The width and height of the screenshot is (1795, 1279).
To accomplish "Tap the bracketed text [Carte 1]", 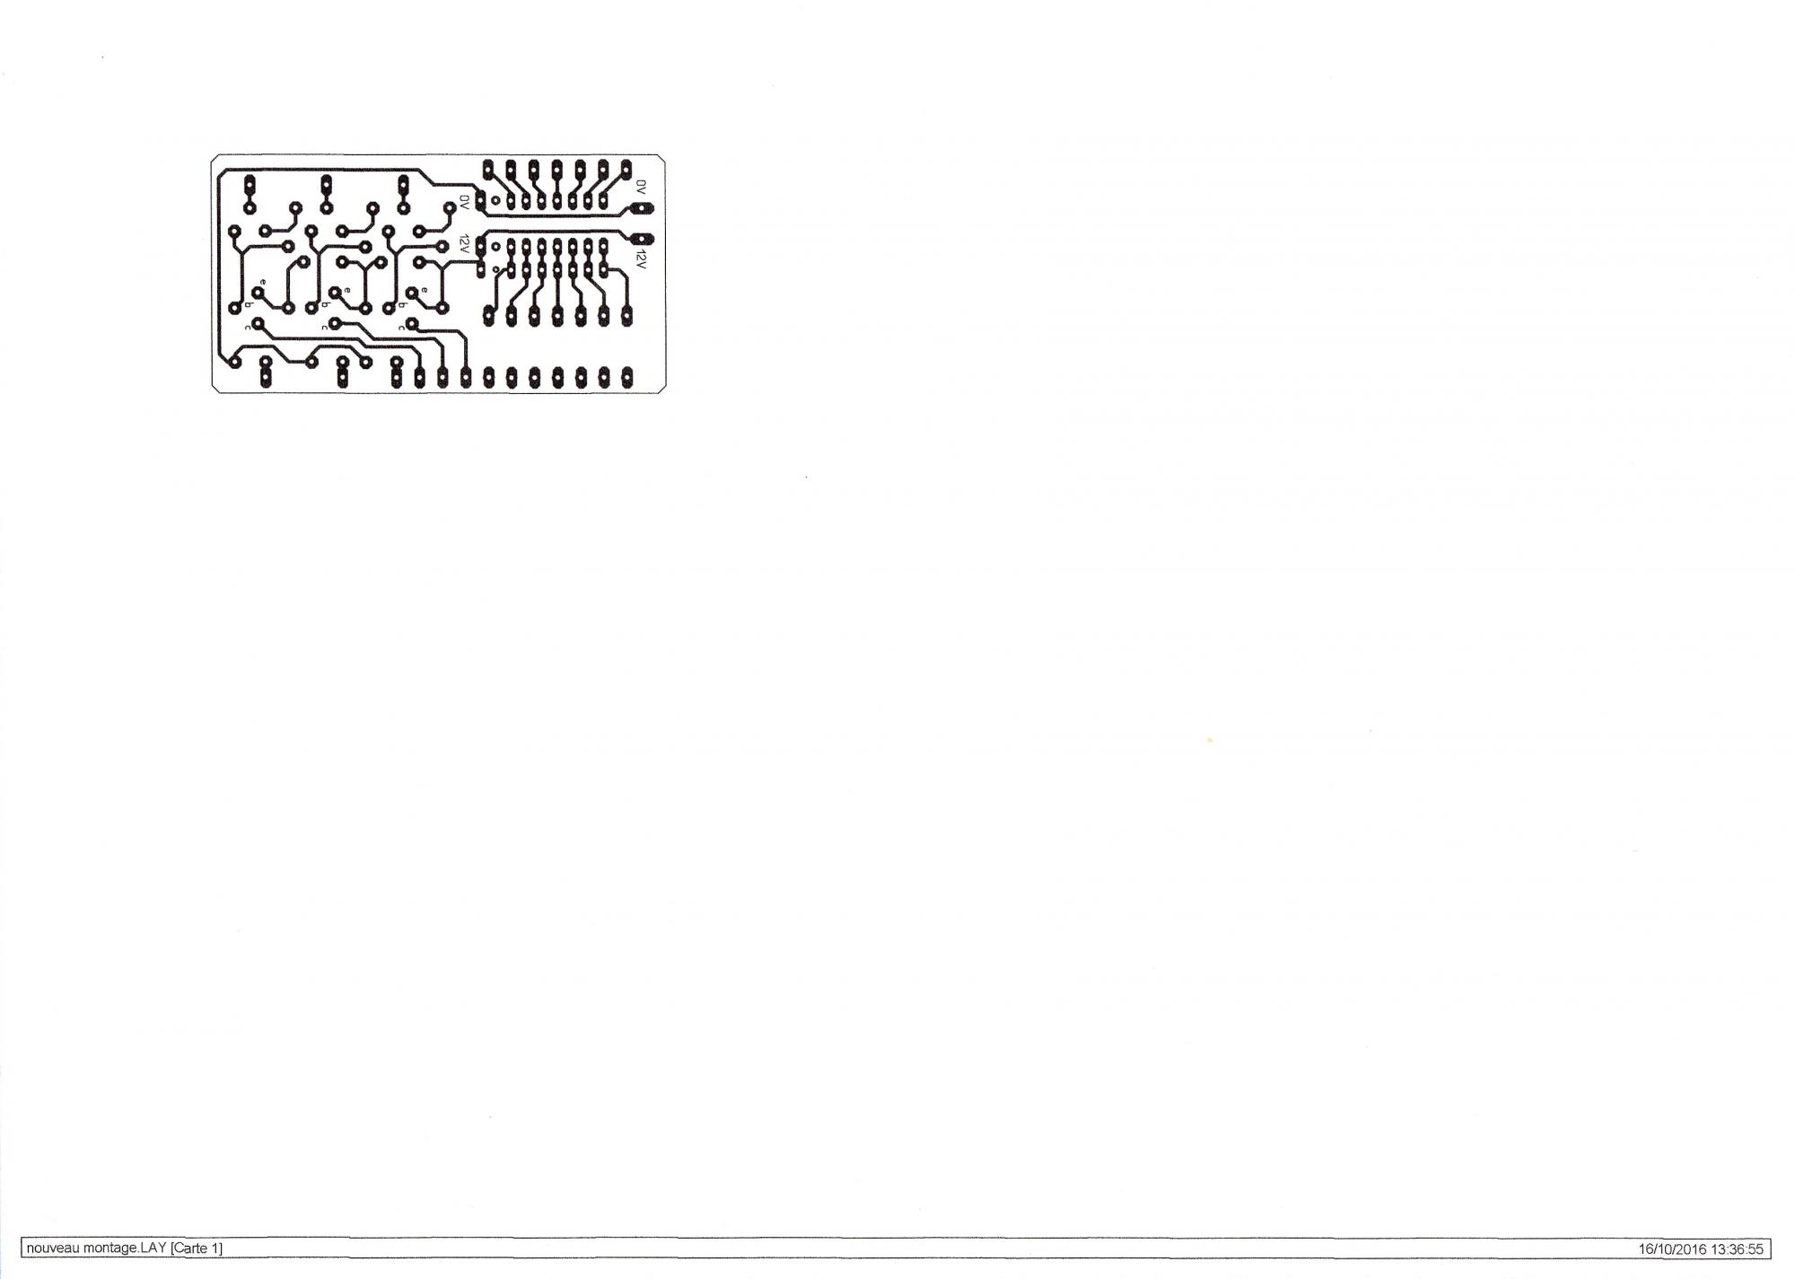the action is coord(196,1248).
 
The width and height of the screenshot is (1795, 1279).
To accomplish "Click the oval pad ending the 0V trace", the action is coord(642,209).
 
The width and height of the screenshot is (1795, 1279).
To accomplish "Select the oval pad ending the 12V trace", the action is coord(642,239).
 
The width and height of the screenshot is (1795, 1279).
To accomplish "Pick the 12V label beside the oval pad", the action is coord(641,261).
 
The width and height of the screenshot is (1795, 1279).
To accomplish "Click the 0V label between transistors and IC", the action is coord(464,202).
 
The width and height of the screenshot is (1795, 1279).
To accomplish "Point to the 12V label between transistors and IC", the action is coord(464,244).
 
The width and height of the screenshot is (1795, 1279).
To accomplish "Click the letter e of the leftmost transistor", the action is coord(262,283).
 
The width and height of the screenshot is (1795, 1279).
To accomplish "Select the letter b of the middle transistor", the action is coord(325,305).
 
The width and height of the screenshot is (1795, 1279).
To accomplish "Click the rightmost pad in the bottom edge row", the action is coord(626,377).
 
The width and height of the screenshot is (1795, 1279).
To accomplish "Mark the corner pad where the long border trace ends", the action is coord(234,362).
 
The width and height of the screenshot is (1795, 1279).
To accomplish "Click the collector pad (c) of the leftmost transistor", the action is coord(257,322).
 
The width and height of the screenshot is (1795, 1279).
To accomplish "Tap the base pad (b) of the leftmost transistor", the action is coord(234,308).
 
